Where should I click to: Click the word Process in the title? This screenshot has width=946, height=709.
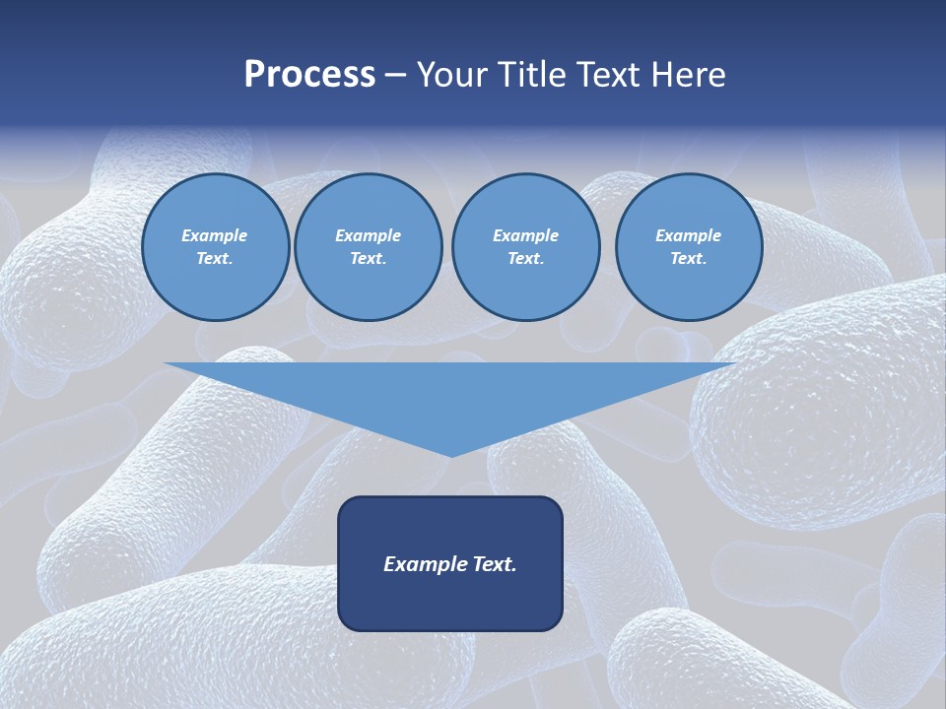[309, 75]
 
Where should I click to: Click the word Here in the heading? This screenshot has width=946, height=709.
[688, 75]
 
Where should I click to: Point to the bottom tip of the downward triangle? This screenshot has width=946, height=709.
[451, 455]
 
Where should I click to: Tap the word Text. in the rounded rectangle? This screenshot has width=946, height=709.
[493, 564]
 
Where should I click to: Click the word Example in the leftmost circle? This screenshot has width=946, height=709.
[215, 235]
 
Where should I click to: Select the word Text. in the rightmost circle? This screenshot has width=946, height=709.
[688, 258]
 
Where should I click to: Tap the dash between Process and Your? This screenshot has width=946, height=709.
[395, 76]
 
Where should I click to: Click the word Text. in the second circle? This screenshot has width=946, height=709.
[368, 258]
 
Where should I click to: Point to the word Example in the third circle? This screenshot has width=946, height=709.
[525, 235]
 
